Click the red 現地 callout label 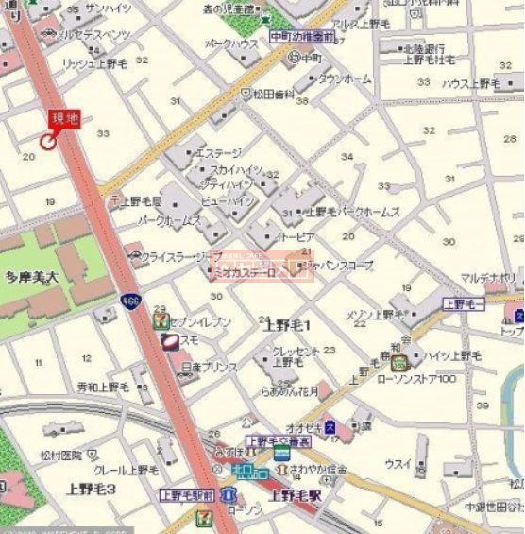pyautogui.click(x=64, y=119)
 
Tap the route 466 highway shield pyautogui.click(x=129, y=301)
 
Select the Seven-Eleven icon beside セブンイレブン pyautogui.click(x=161, y=321)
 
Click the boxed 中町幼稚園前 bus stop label pyautogui.click(x=302, y=37)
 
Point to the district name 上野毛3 pyautogui.click(x=91, y=489)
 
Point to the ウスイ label pyautogui.click(x=398, y=464)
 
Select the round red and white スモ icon pyautogui.click(x=170, y=340)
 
